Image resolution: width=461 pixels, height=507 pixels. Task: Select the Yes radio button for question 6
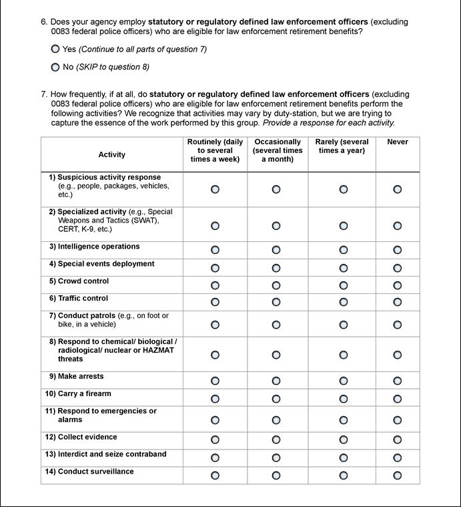[55, 49]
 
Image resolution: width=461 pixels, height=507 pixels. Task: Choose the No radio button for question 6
[55, 67]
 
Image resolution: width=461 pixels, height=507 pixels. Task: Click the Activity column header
[111, 154]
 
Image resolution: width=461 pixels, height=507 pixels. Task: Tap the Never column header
[398, 142]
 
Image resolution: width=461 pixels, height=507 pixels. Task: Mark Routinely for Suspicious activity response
[215, 190]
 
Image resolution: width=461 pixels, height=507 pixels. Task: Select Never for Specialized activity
[398, 226]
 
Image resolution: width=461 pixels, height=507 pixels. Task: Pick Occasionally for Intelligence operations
[276, 250]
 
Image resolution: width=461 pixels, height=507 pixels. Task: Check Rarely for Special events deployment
[343, 267]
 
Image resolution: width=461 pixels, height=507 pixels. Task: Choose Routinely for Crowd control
[215, 285]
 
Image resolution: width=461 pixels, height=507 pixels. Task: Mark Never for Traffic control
[398, 302]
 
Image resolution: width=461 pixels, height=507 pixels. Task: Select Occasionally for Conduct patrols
[276, 325]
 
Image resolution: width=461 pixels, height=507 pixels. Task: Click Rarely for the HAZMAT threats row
[343, 354]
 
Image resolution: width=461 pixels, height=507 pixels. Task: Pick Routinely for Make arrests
[215, 381]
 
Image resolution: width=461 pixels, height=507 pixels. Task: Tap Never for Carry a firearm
[398, 398]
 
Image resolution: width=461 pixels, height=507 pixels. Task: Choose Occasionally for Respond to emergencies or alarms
[276, 420]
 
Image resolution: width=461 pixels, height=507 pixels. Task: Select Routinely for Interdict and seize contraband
[215, 458]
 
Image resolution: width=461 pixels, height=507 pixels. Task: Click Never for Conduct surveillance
[398, 476]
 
